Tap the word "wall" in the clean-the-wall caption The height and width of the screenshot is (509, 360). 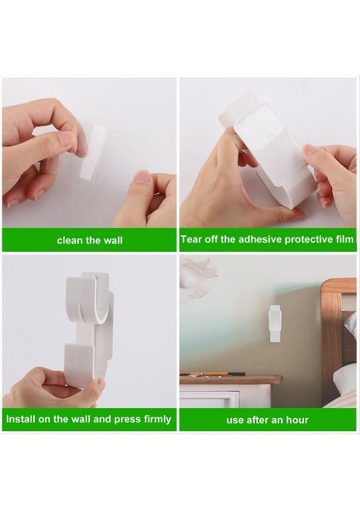(113, 240)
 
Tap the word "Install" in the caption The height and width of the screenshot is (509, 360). (20, 419)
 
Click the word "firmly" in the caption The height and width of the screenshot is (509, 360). (157, 419)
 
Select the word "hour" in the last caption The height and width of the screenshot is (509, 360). (297, 420)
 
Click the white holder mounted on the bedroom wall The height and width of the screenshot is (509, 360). (275, 323)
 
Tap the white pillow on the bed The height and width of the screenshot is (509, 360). (345, 378)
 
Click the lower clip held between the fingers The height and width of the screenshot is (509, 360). (81, 365)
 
